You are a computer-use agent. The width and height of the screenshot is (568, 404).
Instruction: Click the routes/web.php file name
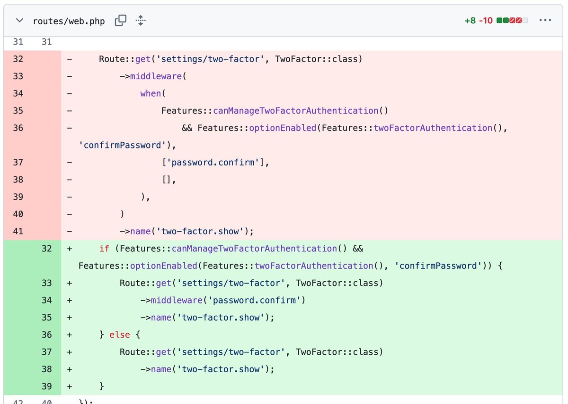click(69, 21)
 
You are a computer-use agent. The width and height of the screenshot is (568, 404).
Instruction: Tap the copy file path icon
click(121, 20)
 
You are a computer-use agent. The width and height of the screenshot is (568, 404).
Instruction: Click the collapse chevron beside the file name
click(19, 21)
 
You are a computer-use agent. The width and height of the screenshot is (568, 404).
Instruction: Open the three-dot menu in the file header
click(545, 20)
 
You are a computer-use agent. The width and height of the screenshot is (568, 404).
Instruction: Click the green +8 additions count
click(470, 21)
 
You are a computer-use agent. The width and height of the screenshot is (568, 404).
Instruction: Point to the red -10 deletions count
click(486, 21)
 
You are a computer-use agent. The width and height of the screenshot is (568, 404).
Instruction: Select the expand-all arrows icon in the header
click(141, 20)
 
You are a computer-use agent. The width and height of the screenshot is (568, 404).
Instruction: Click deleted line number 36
click(18, 128)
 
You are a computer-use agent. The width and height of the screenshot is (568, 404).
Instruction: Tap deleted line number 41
click(18, 231)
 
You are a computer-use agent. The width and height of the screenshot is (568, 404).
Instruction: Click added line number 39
click(46, 386)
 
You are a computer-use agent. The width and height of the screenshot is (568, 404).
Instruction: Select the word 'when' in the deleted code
click(151, 93)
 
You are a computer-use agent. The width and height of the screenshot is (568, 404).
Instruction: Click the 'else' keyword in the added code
click(120, 335)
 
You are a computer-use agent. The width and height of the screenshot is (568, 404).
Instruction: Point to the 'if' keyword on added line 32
click(104, 248)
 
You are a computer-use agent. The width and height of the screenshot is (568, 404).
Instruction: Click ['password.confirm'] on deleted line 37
click(215, 162)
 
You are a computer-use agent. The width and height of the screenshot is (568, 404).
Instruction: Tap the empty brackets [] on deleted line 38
click(168, 180)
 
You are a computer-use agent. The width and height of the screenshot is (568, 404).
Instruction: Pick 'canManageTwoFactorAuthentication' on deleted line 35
click(296, 110)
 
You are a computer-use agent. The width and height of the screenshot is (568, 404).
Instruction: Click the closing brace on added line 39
click(101, 386)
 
